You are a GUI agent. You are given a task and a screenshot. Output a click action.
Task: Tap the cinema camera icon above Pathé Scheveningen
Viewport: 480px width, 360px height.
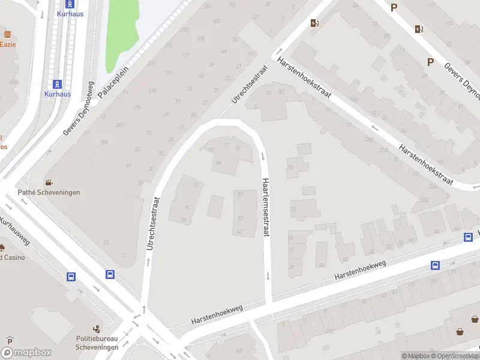click(x=48, y=182)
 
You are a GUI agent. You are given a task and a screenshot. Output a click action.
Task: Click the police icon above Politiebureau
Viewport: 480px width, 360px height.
click(x=96, y=329)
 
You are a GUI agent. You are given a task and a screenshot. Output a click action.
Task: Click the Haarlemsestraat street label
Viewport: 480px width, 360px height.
click(x=266, y=207)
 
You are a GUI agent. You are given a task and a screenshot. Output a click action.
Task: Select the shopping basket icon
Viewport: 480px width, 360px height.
click(x=460, y=331)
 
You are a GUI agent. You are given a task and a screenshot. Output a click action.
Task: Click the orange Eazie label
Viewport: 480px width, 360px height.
click(x=7, y=44)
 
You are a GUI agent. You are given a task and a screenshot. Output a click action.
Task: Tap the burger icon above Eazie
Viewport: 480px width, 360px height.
click(x=7, y=34)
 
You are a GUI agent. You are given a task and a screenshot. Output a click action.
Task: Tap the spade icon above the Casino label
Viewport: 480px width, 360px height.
click(x=2, y=247)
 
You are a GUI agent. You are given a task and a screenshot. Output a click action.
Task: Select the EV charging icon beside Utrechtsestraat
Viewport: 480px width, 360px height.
click(x=315, y=23)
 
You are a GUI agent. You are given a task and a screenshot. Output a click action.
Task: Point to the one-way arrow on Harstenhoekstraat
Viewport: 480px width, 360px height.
click(x=374, y=127)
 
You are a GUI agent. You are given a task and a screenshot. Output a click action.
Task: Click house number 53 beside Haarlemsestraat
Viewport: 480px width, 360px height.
click(x=241, y=218)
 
